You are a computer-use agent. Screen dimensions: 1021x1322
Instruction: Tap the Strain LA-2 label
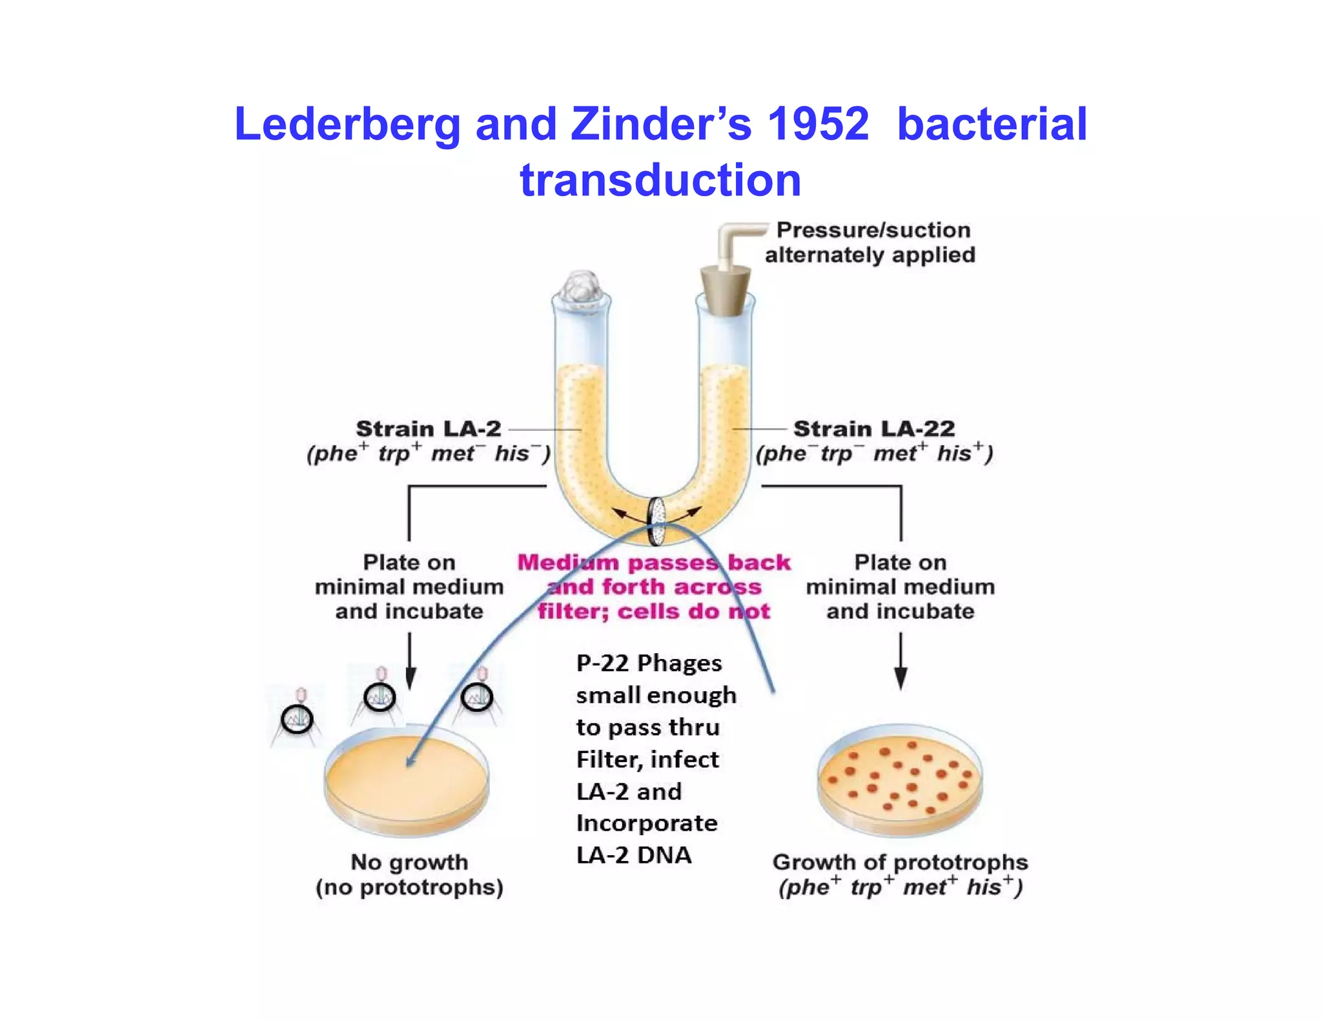(x=429, y=429)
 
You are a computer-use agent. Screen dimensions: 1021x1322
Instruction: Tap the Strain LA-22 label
(x=874, y=429)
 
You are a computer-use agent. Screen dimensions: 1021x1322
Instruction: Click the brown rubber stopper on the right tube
(x=726, y=290)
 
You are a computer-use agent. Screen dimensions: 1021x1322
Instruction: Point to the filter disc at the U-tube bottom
(x=657, y=520)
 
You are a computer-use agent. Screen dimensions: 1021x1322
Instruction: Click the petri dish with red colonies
(x=900, y=779)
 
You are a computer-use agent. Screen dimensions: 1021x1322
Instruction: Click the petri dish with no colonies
(x=407, y=782)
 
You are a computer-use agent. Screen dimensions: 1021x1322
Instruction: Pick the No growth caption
(x=409, y=874)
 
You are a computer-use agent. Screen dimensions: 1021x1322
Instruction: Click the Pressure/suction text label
(x=873, y=242)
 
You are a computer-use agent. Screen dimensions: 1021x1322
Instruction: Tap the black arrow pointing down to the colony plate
(x=900, y=661)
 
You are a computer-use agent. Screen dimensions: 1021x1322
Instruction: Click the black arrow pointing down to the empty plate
(x=410, y=661)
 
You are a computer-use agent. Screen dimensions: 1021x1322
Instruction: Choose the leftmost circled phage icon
(x=297, y=718)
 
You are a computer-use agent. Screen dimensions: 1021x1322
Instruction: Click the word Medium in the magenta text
(x=568, y=562)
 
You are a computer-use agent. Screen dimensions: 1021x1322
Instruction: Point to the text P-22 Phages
(x=649, y=663)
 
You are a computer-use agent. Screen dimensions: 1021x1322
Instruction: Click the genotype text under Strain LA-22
(x=874, y=454)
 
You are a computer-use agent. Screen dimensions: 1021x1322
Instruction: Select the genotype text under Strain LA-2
(x=429, y=454)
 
